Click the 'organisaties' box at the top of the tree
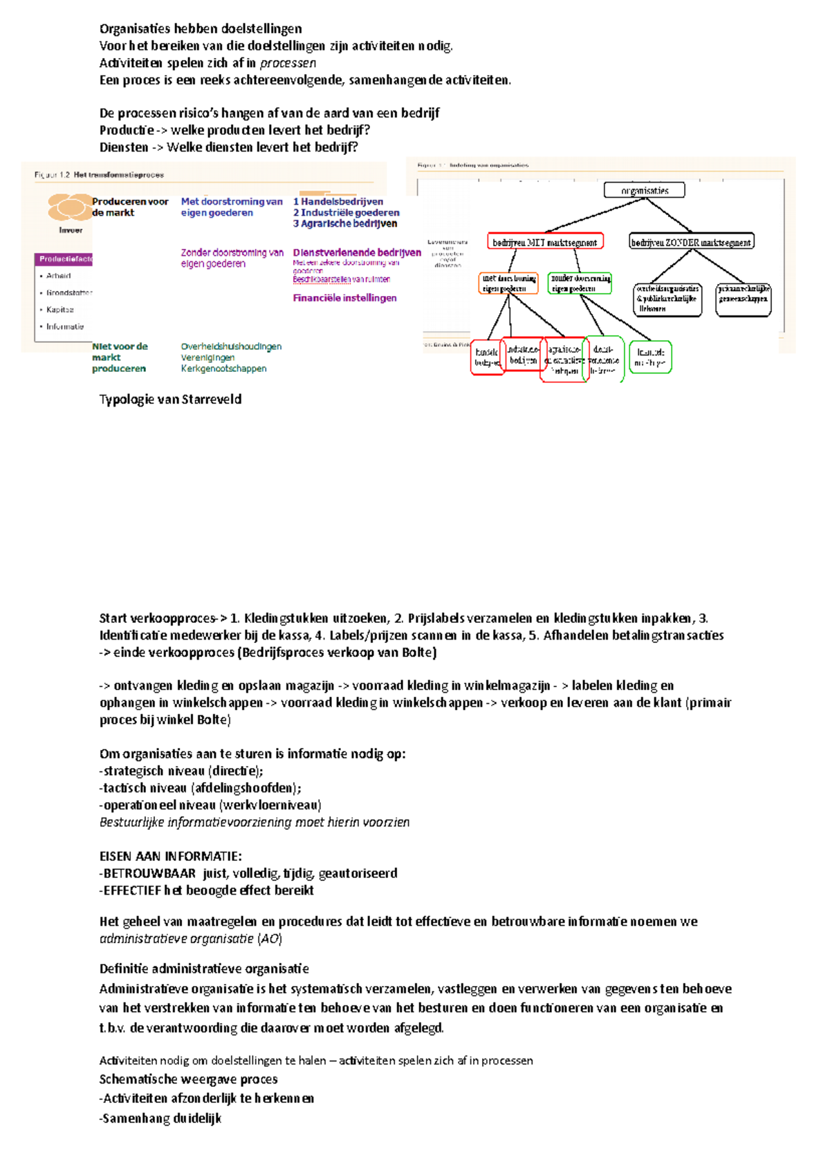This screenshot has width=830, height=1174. click(x=644, y=190)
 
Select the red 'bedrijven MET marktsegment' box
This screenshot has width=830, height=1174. click(x=545, y=242)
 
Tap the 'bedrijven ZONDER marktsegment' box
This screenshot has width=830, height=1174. click(x=691, y=242)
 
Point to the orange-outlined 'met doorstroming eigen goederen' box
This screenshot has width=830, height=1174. click(x=508, y=283)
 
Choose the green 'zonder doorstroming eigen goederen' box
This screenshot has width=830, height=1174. click(x=580, y=283)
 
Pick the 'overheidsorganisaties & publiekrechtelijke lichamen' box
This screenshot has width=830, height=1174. click(x=667, y=300)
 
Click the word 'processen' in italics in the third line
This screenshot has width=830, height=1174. click(x=288, y=63)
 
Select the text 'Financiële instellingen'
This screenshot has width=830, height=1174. click(x=344, y=298)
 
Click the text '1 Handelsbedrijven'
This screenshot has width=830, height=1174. click(x=338, y=201)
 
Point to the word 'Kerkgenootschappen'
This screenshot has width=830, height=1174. click(x=223, y=369)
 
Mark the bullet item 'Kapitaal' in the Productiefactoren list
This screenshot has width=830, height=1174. click(x=60, y=310)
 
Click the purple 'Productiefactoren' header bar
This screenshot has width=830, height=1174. click(x=64, y=259)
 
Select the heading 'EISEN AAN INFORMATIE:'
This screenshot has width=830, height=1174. click(x=170, y=856)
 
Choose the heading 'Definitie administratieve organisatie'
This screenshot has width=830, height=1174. click(x=204, y=969)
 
